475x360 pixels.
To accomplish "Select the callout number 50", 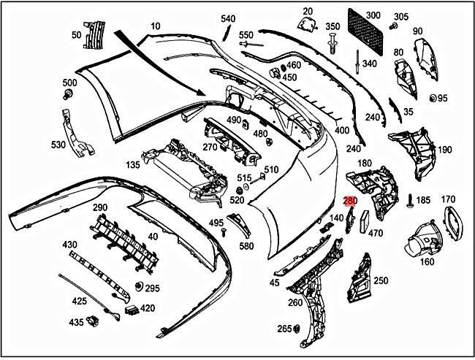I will click(x=77, y=34).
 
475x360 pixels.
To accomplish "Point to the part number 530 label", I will click(x=58, y=145).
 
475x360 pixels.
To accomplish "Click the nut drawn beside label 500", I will click(x=69, y=95).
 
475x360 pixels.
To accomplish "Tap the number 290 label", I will click(x=100, y=208).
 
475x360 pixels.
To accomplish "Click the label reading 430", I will click(x=69, y=244).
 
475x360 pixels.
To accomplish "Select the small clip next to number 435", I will click(x=93, y=321).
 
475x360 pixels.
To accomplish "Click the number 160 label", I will click(x=427, y=261).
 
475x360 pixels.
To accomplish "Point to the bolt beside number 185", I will click(x=410, y=199).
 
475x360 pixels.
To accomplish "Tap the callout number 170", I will click(x=448, y=199).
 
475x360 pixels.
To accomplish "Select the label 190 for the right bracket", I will click(x=444, y=150).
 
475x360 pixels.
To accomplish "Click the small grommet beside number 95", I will click(x=433, y=99).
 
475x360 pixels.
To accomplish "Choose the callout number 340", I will click(x=370, y=64).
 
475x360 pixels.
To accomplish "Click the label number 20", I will click(x=307, y=11).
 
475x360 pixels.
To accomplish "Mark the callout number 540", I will click(x=228, y=18).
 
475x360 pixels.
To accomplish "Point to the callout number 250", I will click(x=381, y=280).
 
